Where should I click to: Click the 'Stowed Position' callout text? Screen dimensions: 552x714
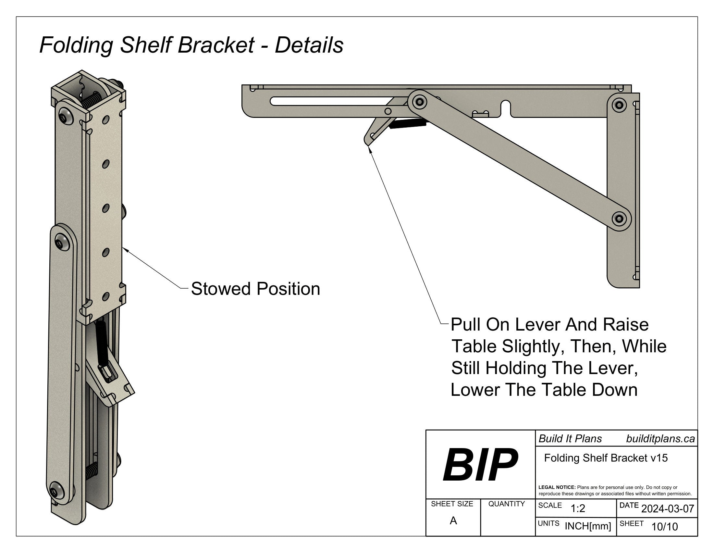[255, 289]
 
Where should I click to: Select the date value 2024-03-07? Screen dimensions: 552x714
[668, 508]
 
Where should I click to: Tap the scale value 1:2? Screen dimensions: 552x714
[578, 508]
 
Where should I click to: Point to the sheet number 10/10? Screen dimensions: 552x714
[665, 526]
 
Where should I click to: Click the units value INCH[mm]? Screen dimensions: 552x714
[588, 526]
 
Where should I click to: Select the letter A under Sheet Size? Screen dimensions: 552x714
[453, 521]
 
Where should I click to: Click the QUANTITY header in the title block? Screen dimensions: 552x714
[506, 504]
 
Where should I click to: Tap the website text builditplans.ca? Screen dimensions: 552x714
[660, 439]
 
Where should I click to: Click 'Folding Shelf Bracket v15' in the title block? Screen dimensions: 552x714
[606, 458]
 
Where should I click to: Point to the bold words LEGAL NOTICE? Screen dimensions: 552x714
[557, 487]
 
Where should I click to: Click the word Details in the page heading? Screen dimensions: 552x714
[309, 45]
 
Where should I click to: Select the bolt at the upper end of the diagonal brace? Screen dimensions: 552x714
[419, 102]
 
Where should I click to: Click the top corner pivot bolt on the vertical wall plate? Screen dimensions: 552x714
[619, 105]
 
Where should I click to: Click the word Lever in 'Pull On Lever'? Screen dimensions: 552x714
[537, 325]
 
